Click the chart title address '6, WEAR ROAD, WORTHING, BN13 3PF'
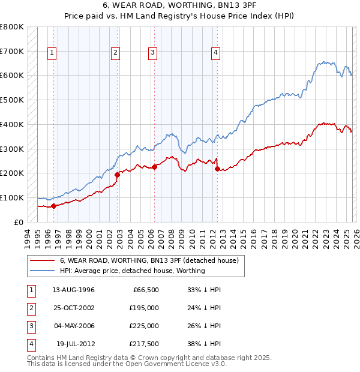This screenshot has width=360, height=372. pos(179,5)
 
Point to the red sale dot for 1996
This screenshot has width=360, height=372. pos(54,206)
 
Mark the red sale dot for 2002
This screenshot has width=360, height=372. pos(118,175)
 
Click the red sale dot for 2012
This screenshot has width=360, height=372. pos(217,169)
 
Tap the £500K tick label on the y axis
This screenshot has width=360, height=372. pos(12,100)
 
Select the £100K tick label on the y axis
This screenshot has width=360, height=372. pos(12,198)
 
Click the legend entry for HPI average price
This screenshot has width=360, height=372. pos(132,271)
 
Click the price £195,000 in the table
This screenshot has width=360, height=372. pos(144,308)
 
